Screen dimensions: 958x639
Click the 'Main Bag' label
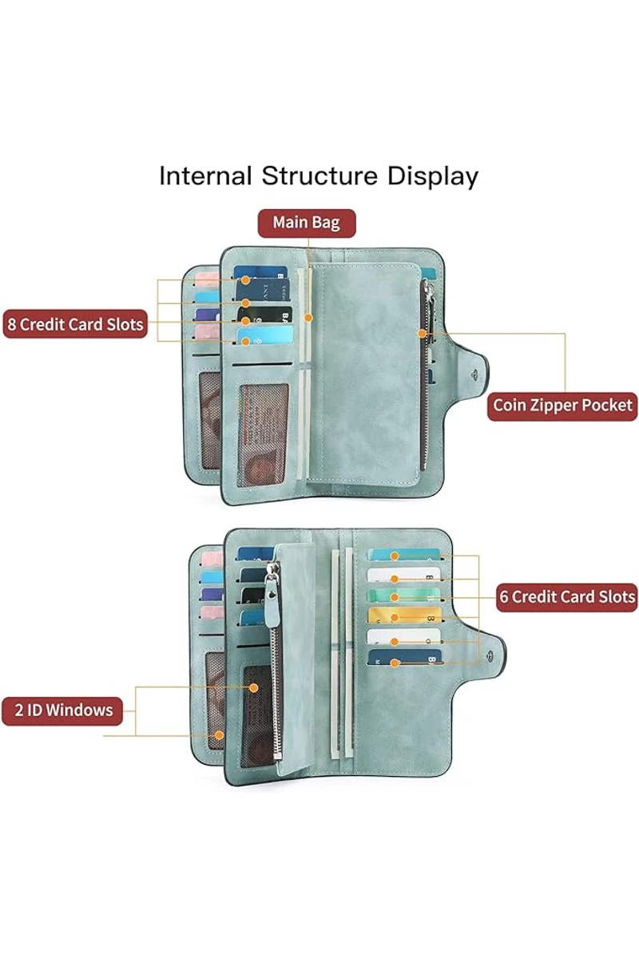(x=306, y=223)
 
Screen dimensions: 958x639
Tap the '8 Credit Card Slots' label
(x=75, y=324)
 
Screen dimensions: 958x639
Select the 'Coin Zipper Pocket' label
(x=562, y=406)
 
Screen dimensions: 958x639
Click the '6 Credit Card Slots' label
(x=566, y=597)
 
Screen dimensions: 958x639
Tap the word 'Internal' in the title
(x=205, y=176)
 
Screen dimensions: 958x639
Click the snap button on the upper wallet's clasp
(x=478, y=374)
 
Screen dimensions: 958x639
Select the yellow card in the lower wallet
(x=404, y=616)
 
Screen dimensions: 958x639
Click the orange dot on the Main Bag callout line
(x=307, y=318)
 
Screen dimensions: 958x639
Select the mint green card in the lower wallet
(x=404, y=596)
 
